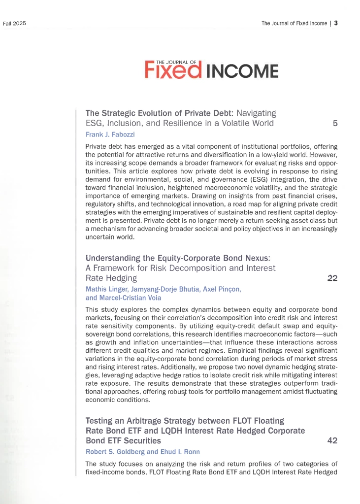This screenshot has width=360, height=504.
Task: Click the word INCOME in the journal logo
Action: point(241,72)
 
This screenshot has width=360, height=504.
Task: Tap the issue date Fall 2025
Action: point(14,23)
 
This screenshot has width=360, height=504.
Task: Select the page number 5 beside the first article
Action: point(335,123)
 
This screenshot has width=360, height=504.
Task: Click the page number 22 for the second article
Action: point(332,278)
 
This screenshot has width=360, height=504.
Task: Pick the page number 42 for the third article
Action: point(332,440)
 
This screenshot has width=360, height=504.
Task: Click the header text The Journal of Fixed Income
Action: point(295,23)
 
